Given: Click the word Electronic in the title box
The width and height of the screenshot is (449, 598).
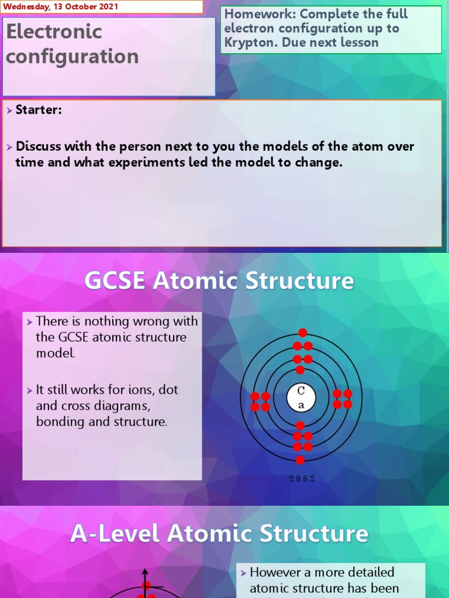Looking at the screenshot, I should (x=54, y=32).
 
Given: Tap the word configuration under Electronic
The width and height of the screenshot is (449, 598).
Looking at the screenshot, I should (x=72, y=57).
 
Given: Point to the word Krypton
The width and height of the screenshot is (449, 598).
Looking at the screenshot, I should (x=248, y=43).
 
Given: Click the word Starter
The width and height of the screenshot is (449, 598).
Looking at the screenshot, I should (x=39, y=110).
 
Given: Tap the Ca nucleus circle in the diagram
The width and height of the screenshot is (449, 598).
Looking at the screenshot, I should (x=301, y=398).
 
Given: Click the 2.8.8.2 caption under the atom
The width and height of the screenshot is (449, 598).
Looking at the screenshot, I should (x=302, y=479).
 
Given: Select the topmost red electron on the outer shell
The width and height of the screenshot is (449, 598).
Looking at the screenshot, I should (x=302, y=333).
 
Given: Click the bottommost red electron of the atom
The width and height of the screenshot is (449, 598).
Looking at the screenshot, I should (x=301, y=460).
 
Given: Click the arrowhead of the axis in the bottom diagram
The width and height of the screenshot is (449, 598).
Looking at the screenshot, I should (x=146, y=573).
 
